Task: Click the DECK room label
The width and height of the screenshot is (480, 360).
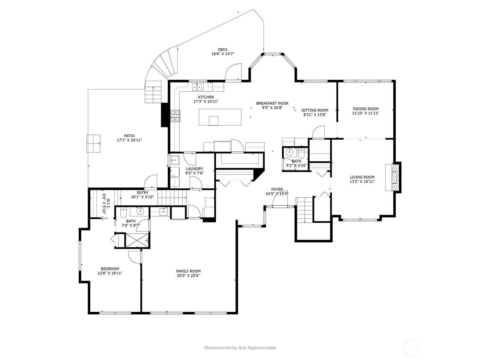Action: coord(223,49)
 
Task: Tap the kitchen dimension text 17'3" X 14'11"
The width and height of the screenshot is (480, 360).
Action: coord(206,101)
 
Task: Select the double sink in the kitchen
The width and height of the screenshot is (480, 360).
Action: coord(197,87)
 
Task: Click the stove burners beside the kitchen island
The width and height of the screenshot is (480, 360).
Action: coord(175,116)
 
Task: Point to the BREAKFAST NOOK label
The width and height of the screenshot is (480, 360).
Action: coord(272,103)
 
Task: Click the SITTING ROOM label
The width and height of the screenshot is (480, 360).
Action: coord(315,110)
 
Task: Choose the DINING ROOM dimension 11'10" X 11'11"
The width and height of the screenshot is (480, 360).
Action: coord(366,113)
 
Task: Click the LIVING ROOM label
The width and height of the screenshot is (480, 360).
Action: coord(362,177)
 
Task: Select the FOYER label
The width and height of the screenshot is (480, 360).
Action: coord(277,189)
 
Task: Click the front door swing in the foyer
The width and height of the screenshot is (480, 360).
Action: coord(280,199)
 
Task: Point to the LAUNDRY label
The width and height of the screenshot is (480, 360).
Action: coord(195,169)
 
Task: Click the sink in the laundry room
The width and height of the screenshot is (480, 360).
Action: coord(175,160)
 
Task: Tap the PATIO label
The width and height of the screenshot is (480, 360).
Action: coord(130,136)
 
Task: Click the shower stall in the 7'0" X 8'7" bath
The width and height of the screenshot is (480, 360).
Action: coord(137,241)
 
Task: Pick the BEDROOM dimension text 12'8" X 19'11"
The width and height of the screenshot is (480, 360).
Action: coord(110,273)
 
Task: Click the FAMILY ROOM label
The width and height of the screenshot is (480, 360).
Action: coord(188,271)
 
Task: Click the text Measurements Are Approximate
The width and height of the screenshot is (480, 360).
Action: coord(240,348)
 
